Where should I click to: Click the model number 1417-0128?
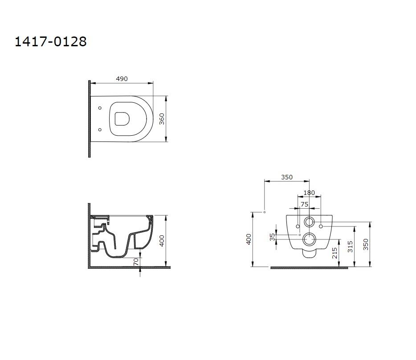(x=51, y=41)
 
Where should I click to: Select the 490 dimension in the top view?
(x=122, y=79)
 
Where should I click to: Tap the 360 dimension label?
(x=162, y=119)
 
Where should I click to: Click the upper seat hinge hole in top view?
(x=100, y=108)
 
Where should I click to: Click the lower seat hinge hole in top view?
(x=100, y=130)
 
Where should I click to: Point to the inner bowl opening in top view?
(x=122, y=118)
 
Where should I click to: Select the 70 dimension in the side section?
(x=136, y=263)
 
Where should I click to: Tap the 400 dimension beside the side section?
(x=162, y=241)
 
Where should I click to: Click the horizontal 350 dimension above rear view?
(x=287, y=177)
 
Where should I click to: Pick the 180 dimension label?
(x=309, y=193)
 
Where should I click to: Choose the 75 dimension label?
(x=305, y=204)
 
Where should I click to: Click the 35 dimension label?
(x=272, y=237)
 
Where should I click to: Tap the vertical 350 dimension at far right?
(x=366, y=244)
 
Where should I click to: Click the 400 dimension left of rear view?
(x=249, y=239)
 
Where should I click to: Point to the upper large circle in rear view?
(x=309, y=222)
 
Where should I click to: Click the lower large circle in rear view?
(x=309, y=240)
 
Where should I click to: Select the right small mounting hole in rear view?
(x=321, y=227)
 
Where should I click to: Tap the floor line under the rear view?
(x=309, y=268)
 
